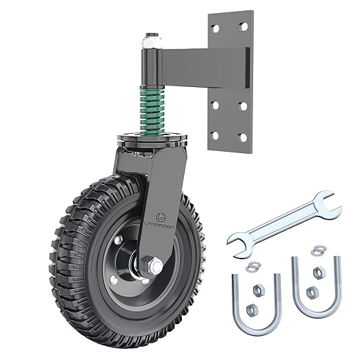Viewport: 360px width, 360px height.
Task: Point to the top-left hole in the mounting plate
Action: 215,27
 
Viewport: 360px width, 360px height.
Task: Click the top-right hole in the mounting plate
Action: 242,27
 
